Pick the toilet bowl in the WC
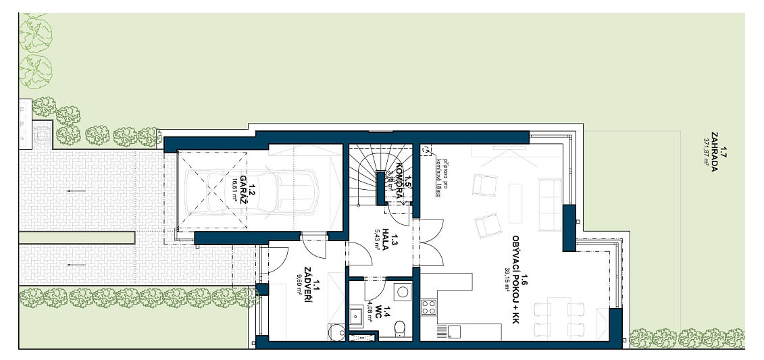(399, 329)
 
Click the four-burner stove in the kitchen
(429, 307)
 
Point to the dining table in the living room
(557, 317)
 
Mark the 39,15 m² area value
(507, 280)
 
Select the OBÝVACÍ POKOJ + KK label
(519, 278)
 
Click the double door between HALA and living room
(431, 243)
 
